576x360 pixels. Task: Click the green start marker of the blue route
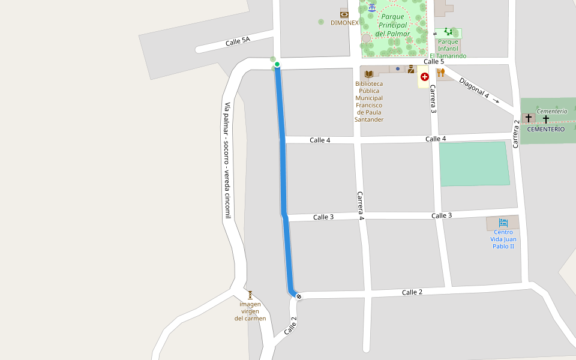(277, 64)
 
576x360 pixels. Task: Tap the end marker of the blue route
(299, 296)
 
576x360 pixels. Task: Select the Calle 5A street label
(238, 42)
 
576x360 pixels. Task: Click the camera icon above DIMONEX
(344, 13)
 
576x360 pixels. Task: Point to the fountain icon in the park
(372, 7)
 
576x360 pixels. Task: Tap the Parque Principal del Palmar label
(393, 25)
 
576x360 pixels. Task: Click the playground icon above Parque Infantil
(448, 31)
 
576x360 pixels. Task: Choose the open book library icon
(368, 73)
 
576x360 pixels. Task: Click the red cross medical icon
(425, 77)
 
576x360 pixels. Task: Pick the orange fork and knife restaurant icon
(441, 73)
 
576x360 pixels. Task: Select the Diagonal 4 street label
(475, 88)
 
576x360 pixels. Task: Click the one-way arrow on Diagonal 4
(496, 100)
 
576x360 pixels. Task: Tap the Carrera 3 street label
(433, 99)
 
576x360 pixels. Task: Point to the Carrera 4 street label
(361, 206)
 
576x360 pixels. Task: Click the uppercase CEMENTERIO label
(545, 129)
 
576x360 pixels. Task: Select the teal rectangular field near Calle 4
(474, 164)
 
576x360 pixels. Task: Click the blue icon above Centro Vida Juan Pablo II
(503, 223)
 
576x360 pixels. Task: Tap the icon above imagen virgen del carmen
(250, 295)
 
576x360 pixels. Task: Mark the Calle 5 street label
(434, 62)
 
